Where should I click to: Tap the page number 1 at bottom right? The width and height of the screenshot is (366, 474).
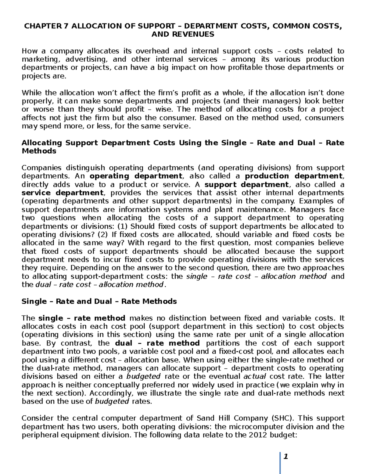[x=286, y=457]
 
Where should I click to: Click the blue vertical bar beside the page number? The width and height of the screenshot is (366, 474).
[x=280, y=462]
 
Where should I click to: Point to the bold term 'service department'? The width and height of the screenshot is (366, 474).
[x=63, y=193]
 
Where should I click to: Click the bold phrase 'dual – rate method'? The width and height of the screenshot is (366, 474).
[x=157, y=343]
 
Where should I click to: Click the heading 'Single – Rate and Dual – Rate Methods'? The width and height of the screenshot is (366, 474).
[x=99, y=302]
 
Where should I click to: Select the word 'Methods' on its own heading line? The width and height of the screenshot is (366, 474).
[x=39, y=151]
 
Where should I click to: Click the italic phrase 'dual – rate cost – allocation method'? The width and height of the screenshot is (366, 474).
[x=100, y=285]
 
